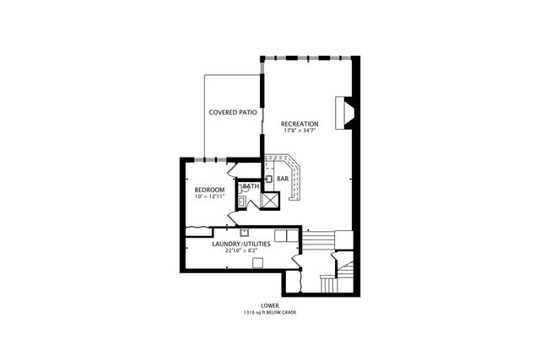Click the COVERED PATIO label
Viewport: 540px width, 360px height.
click(233, 112)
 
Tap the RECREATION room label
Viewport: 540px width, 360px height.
click(300, 124)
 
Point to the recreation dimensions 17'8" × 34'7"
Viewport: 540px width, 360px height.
click(300, 132)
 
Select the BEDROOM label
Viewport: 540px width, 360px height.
click(209, 190)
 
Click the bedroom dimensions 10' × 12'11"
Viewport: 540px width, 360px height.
click(209, 197)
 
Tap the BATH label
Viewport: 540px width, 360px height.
click(251, 186)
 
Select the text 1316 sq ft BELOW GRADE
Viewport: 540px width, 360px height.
click(269, 312)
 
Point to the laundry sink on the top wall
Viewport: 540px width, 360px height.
click(244, 232)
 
